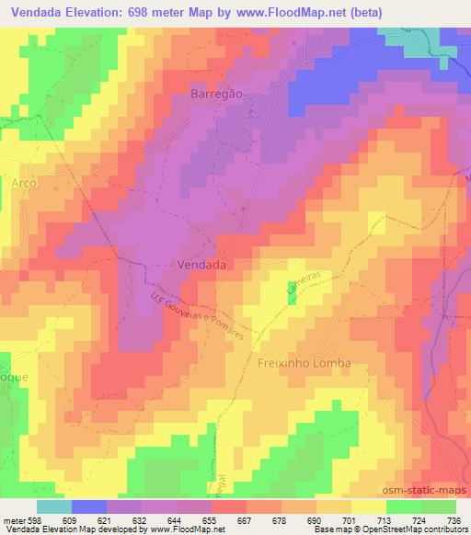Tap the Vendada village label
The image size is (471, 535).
click(201, 263)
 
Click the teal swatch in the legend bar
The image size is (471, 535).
click(53, 507)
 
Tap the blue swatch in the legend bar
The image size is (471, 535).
click(88, 507)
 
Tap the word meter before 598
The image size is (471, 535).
click(13, 519)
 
